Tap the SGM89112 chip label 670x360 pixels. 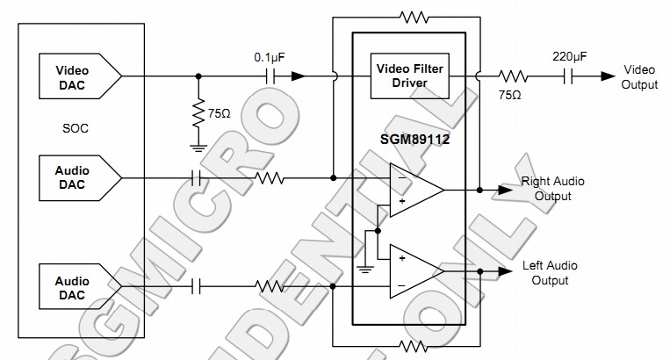tap(408, 138)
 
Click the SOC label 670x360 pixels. tap(76, 128)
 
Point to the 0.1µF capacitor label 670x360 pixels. tap(270, 57)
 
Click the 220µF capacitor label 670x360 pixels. tap(570, 57)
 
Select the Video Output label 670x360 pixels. tap(638, 76)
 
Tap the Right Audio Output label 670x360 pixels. tap(552, 189)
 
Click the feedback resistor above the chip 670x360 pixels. tap(413, 15)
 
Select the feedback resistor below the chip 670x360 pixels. tap(413, 345)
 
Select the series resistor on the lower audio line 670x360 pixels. tap(270, 286)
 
